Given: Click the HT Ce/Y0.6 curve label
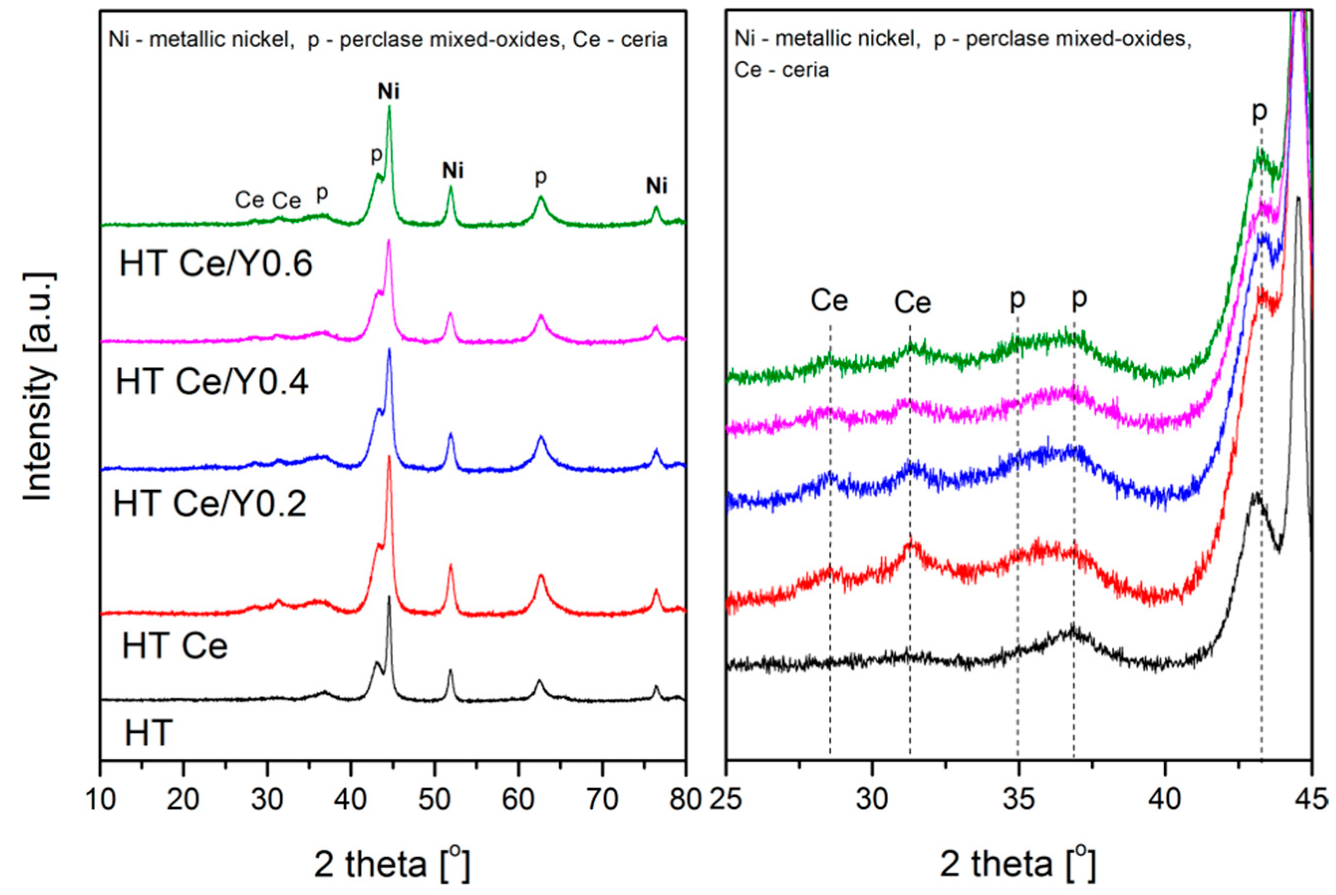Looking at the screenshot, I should [x=216, y=265].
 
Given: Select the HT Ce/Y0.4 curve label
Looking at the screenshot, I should [x=212, y=382].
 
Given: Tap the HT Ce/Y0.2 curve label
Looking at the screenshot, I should [x=210, y=504].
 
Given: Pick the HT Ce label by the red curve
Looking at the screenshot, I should [x=175, y=646].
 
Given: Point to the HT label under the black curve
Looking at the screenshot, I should [x=148, y=733].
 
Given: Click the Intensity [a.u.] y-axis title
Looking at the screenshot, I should [x=40, y=388].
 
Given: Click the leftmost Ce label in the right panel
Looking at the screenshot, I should [x=829, y=301].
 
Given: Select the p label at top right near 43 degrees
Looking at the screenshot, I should [x=1259, y=113].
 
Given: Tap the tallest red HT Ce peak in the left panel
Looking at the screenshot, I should [x=390, y=457].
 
